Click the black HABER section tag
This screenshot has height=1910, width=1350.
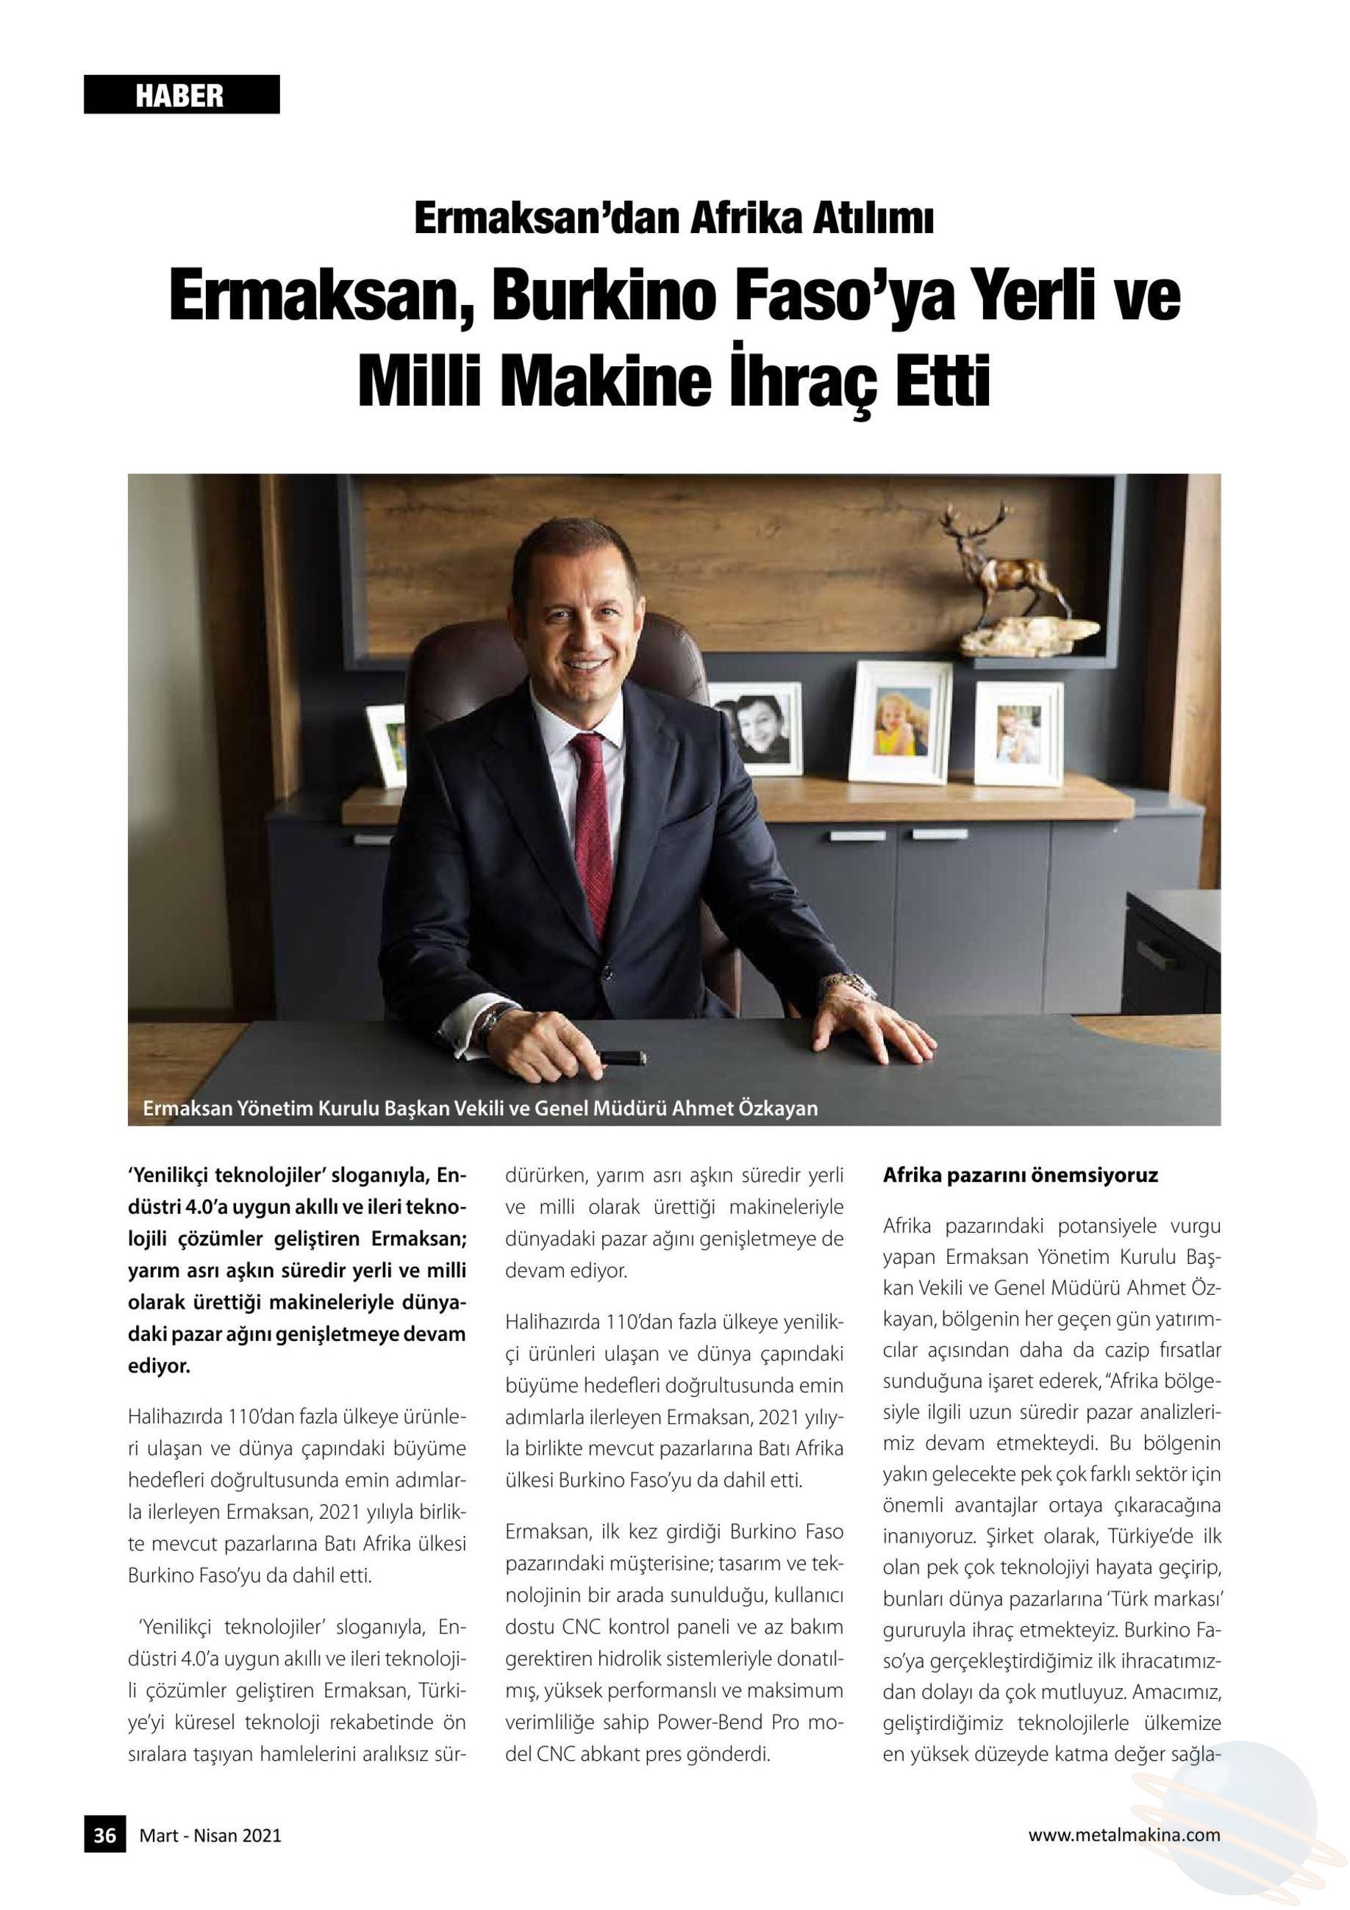182,95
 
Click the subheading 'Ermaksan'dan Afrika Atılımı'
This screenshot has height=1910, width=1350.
674,220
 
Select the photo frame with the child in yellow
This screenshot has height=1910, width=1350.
902,720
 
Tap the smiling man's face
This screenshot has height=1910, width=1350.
587,626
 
